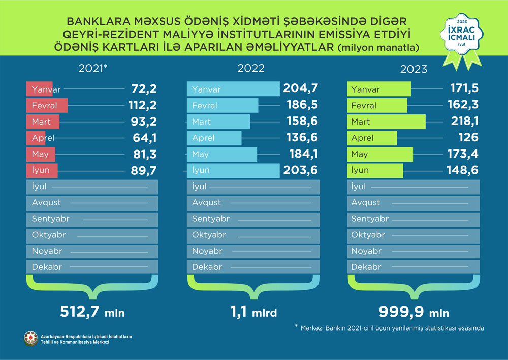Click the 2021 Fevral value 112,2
142,106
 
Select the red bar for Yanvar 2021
40,89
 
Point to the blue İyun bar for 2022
234,170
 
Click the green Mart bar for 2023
386,122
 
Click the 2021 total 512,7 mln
92,311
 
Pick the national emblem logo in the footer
30,339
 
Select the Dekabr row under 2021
92,267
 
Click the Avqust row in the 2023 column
414,202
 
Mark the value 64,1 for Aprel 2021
142,138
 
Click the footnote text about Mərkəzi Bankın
389,328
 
